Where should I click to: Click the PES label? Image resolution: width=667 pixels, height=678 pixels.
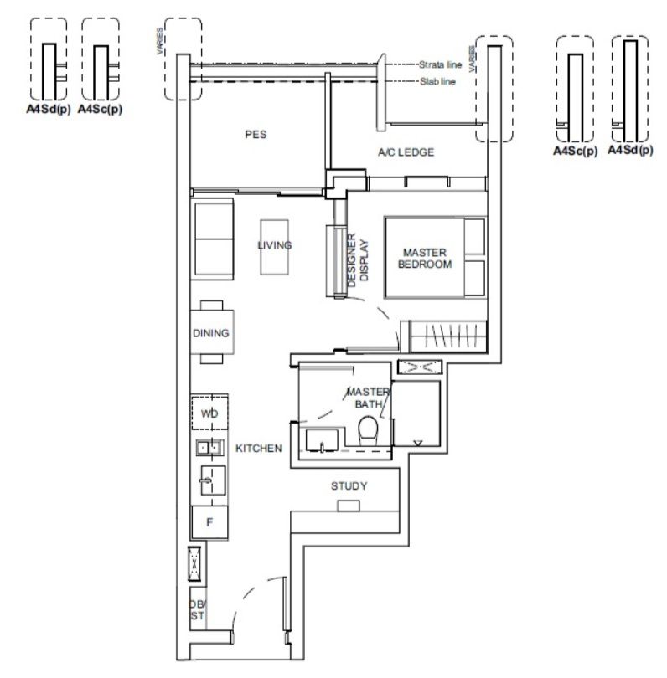[256, 135]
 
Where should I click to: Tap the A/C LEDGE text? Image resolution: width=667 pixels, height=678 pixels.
[406, 152]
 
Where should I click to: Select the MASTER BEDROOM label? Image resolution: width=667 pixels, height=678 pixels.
[425, 258]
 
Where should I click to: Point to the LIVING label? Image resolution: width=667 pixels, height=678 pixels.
[274, 245]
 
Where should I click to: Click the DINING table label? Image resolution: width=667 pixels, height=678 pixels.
[211, 333]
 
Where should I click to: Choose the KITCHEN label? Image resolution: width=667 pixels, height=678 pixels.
[258, 449]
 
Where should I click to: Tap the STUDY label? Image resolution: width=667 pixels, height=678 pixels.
[349, 486]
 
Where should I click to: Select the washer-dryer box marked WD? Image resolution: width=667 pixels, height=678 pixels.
[209, 412]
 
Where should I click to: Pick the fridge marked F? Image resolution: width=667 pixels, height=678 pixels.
[209, 522]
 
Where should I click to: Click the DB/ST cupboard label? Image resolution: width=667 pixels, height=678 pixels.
[198, 609]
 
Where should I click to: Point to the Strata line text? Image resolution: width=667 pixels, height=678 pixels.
[440, 64]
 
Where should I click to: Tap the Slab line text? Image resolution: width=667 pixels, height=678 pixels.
[437, 81]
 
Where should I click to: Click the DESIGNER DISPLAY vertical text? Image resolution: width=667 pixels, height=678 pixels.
[358, 260]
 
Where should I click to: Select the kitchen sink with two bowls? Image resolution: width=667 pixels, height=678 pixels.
[210, 448]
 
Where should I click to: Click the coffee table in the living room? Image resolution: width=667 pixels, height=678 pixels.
[274, 247]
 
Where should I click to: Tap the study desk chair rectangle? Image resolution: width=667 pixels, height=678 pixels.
[349, 506]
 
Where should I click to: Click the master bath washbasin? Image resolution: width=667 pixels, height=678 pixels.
[322, 440]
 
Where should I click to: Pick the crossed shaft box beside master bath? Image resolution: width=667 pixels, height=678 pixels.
[420, 367]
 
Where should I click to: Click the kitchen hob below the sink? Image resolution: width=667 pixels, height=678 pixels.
[213, 480]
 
